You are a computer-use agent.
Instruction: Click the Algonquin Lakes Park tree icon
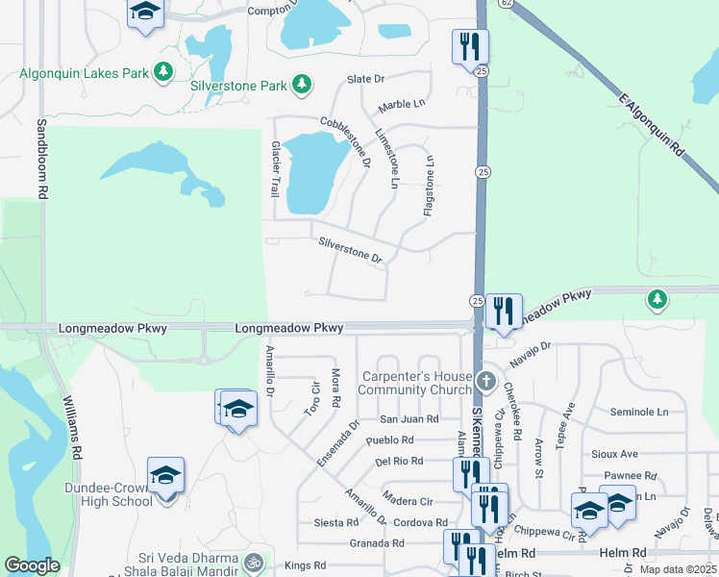(164, 71)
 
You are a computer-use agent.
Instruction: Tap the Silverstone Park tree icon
(303, 86)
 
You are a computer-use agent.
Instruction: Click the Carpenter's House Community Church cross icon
(486, 382)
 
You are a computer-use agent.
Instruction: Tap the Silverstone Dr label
(351, 251)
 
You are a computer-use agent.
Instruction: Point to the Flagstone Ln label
(430, 184)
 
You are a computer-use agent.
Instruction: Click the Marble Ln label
(402, 103)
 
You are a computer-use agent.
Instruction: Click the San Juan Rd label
(409, 419)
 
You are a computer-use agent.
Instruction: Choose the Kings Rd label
(306, 565)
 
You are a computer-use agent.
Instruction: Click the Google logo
(32, 565)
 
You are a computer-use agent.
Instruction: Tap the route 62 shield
(507, 4)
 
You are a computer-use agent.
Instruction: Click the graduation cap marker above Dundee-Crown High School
(165, 475)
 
